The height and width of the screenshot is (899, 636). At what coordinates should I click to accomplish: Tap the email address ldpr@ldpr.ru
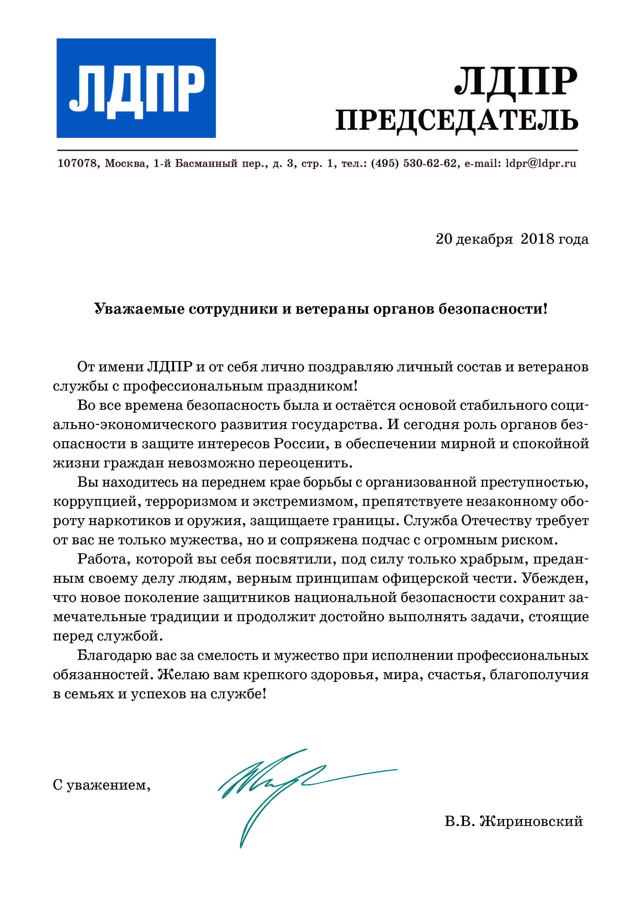click(540, 163)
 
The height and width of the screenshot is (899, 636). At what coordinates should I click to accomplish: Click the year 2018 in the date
click(537, 239)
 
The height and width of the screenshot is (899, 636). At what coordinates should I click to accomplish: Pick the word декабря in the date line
click(484, 239)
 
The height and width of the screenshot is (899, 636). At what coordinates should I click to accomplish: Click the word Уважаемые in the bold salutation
click(139, 309)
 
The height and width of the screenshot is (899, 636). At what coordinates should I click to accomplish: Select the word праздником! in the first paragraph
click(312, 386)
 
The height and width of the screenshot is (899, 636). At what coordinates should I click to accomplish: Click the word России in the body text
click(299, 444)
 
